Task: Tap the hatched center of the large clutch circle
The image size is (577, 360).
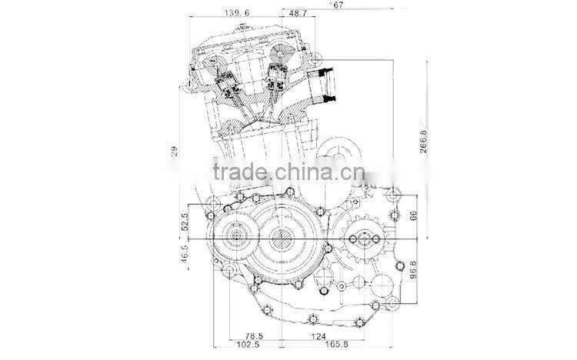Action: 286,239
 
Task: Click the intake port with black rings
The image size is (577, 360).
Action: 328,85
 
